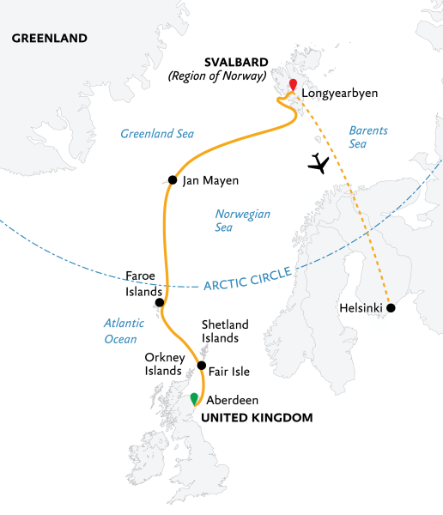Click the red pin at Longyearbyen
pyautogui.click(x=293, y=85)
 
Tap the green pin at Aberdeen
pyautogui.click(x=194, y=397)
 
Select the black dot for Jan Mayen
pyautogui.click(x=173, y=180)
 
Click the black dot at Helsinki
pyautogui.click(x=391, y=307)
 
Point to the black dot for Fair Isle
pyautogui.click(x=201, y=366)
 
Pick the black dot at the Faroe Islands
pyautogui.click(x=160, y=302)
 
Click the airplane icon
pyautogui.click(x=319, y=162)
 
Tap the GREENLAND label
pyautogui.click(x=50, y=39)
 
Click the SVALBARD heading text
pyautogui.click(x=236, y=62)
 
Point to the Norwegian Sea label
pyautogui.click(x=235, y=221)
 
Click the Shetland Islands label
pyautogui.click(x=225, y=331)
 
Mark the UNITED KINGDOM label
pyautogui.click(x=257, y=417)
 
